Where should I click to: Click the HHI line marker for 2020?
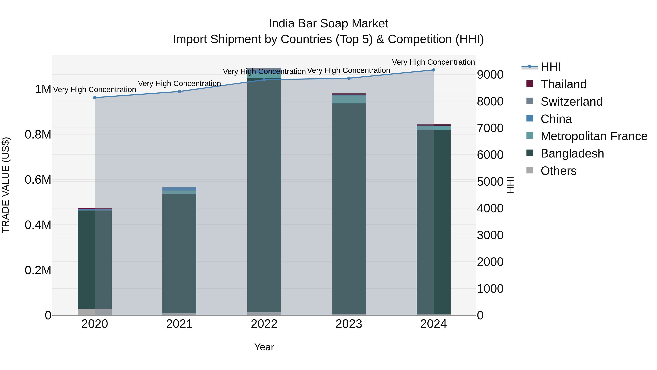(95, 98)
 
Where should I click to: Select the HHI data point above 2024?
(433, 70)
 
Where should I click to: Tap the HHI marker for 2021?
(179, 91)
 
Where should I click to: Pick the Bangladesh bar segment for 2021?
(179, 253)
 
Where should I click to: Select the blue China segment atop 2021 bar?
(179, 189)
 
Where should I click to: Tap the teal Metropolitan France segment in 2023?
(349, 99)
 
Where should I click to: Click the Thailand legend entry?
(563, 84)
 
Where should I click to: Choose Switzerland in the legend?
(571, 102)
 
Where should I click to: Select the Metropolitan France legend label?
(594, 136)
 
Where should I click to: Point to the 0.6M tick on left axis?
(38, 180)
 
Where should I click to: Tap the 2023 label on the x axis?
(349, 324)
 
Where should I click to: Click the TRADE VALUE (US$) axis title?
(6, 185)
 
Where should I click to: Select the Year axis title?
(264, 347)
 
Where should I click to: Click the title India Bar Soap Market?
(328, 24)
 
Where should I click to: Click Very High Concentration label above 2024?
(433, 62)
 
